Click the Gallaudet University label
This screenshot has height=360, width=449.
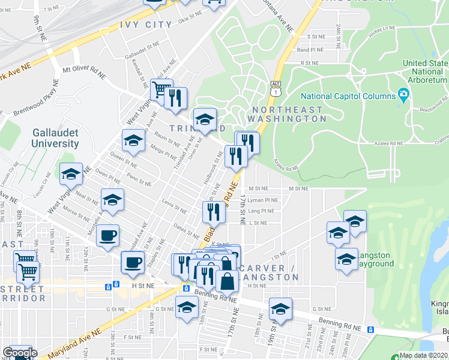pyautogui.click(x=56, y=138)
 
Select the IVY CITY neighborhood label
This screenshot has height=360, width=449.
pyautogui.click(x=146, y=25)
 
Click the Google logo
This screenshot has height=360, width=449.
pyautogui.click(x=20, y=353)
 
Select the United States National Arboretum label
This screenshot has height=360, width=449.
pyautogui.click(x=426, y=71)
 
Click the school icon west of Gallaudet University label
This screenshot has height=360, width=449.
pyautogui.click(x=71, y=175)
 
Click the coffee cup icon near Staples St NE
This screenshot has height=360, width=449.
pyautogui.click(x=133, y=262)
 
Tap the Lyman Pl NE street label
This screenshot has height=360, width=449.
pyautogui.click(x=264, y=200)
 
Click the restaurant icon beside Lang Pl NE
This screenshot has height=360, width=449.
pyautogui.click(x=213, y=211)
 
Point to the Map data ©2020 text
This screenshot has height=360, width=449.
pyautogui.click(x=423, y=355)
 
